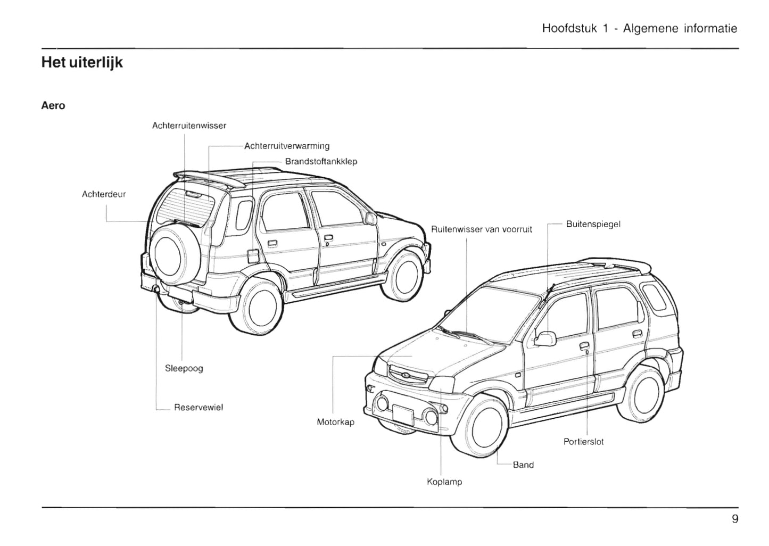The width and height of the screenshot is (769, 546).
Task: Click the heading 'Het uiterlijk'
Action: click(x=82, y=63)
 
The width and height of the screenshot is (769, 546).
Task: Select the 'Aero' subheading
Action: click(x=53, y=105)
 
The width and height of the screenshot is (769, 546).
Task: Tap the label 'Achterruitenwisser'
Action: click(x=189, y=126)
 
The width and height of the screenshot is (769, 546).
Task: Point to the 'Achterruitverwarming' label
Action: click(x=287, y=146)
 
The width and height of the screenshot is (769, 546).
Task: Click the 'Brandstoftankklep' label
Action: click(x=321, y=161)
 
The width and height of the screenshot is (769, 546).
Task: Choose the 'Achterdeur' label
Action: click(x=104, y=194)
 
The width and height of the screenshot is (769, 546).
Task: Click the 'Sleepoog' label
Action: click(x=184, y=368)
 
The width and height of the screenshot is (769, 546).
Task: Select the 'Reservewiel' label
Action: click(x=199, y=408)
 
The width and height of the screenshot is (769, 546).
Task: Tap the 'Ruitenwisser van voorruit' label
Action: click(x=482, y=230)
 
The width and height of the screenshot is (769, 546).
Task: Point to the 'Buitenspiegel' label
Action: click(x=593, y=224)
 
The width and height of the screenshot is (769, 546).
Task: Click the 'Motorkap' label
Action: click(x=335, y=422)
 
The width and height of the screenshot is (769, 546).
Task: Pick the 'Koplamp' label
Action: click(x=444, y=482)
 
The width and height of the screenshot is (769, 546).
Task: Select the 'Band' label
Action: click(x=523, y=465)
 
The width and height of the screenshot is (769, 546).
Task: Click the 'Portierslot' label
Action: click(x=583, y=442)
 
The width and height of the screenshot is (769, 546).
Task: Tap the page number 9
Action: click(x=735, y=519)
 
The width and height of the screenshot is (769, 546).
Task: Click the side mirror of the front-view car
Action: click(x=545, y=338)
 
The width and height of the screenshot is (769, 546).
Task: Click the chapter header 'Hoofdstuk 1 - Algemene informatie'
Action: click(x=639, y=28)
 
